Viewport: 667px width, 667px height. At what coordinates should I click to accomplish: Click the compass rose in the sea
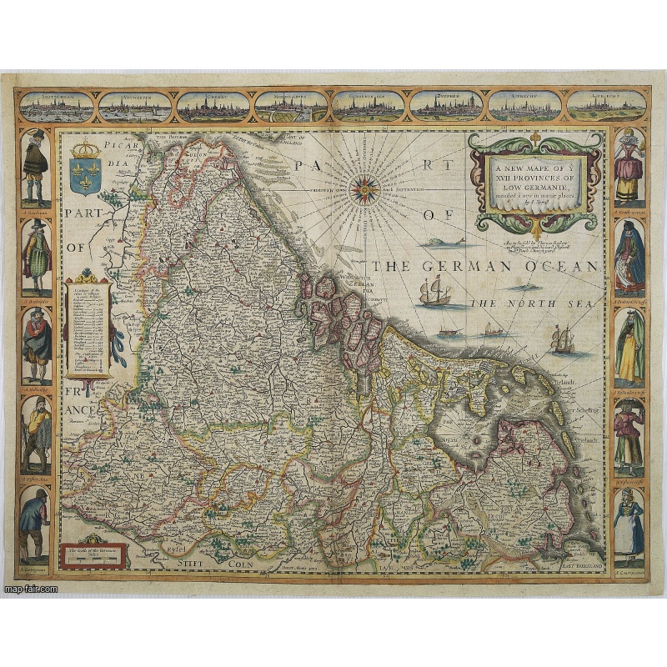(x=364, y=190)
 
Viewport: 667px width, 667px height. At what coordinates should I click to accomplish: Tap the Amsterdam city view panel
(x=57, y=107)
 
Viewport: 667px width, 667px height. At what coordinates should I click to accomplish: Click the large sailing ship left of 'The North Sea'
(x=434, y=292)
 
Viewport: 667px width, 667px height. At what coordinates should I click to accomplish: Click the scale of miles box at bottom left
(x=93, y=554)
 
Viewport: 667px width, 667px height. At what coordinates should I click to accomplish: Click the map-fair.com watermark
(x=31, y=589)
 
